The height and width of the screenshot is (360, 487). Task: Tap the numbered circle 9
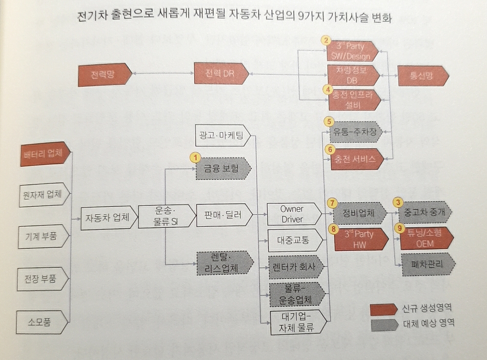click(x=399, y=227)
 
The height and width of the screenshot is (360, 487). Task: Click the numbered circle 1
click(x=195, y=158)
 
